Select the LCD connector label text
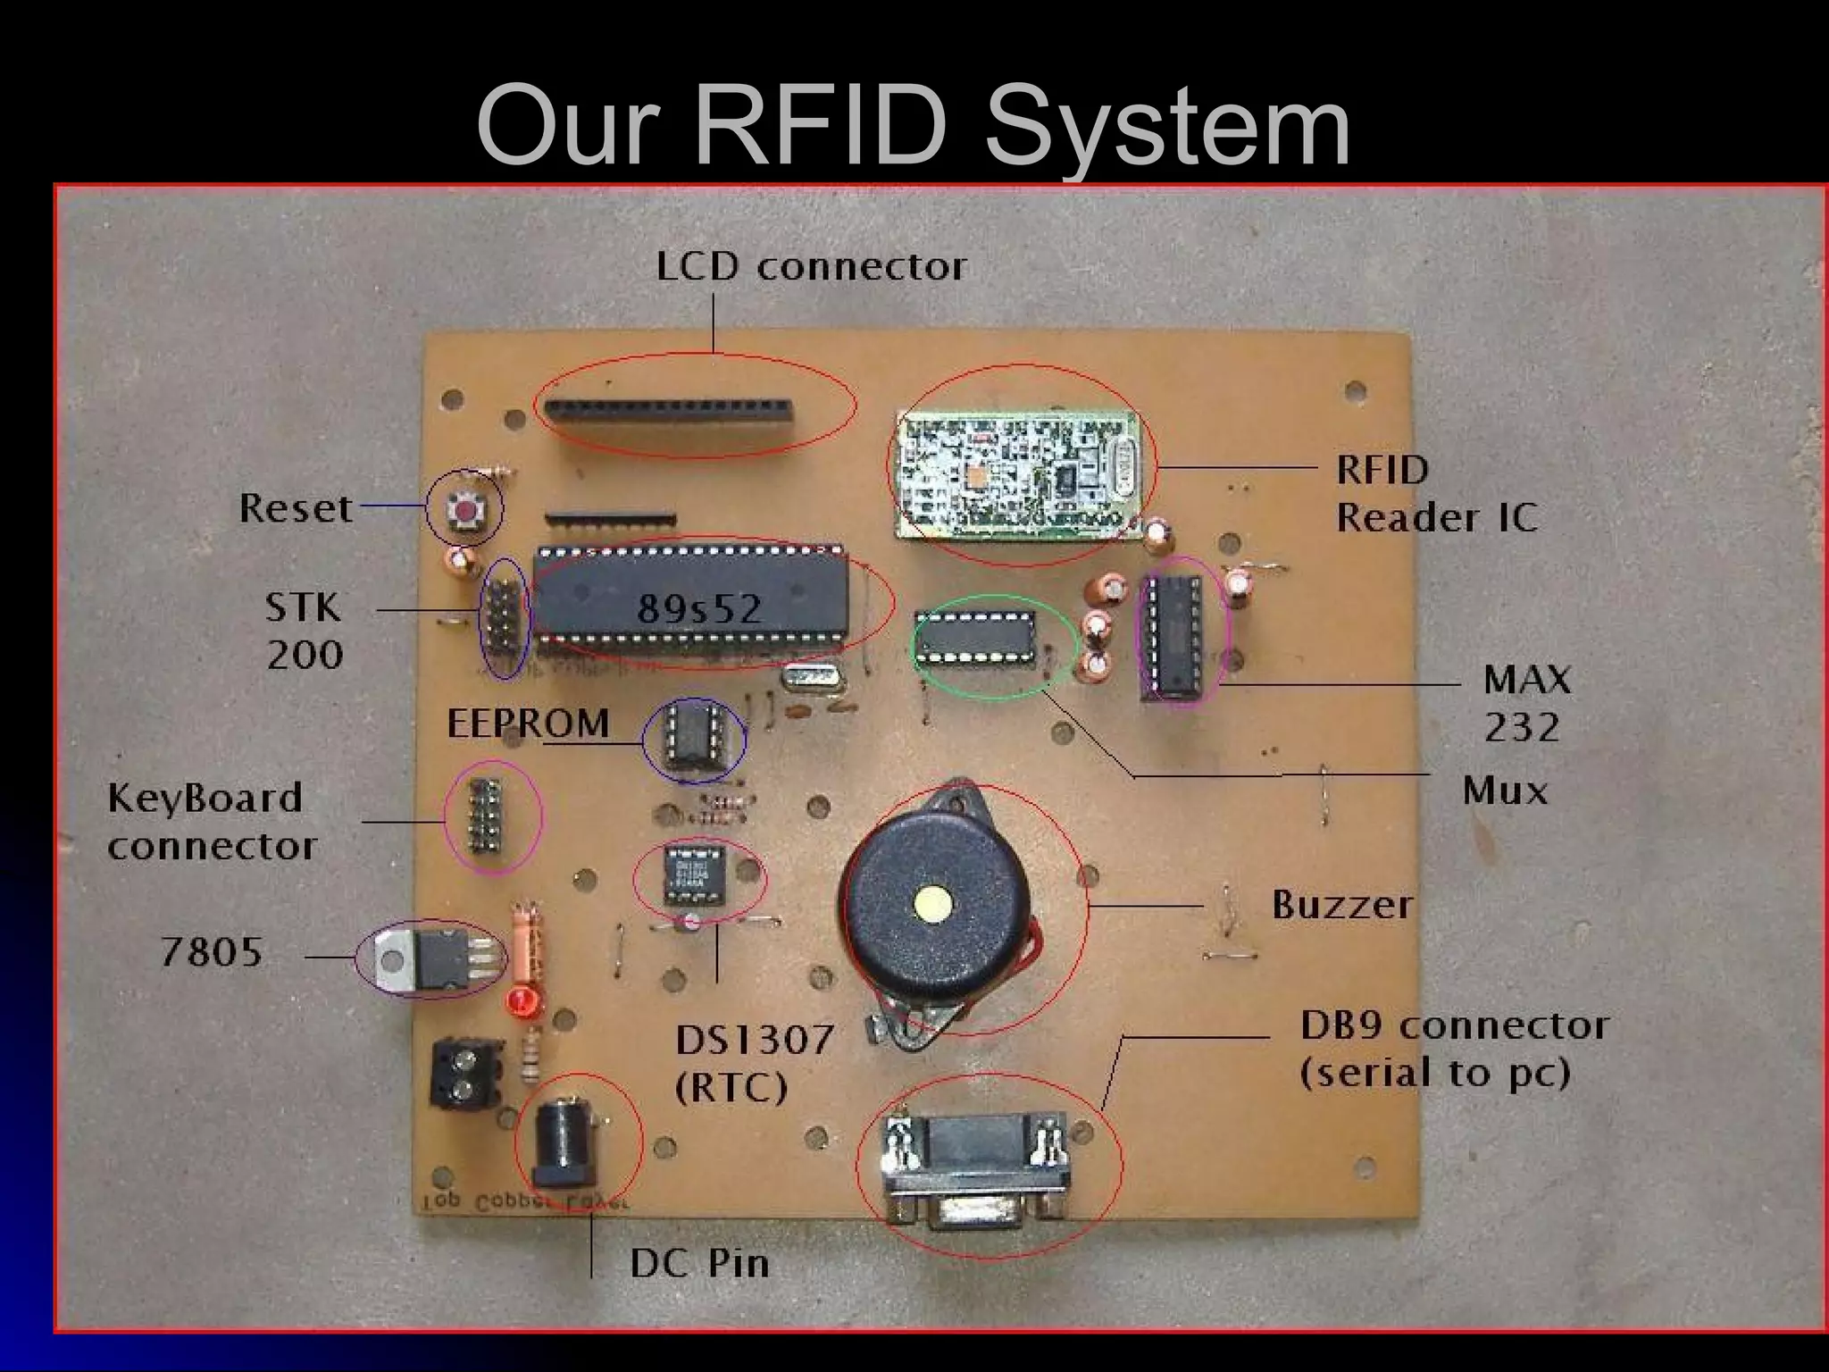pos(811,267)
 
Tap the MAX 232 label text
pos(1525,703)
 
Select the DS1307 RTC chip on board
pos(695,877)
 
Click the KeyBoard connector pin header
pos(487,814)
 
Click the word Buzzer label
pos(1341,905)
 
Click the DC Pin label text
pos(699,1263)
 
